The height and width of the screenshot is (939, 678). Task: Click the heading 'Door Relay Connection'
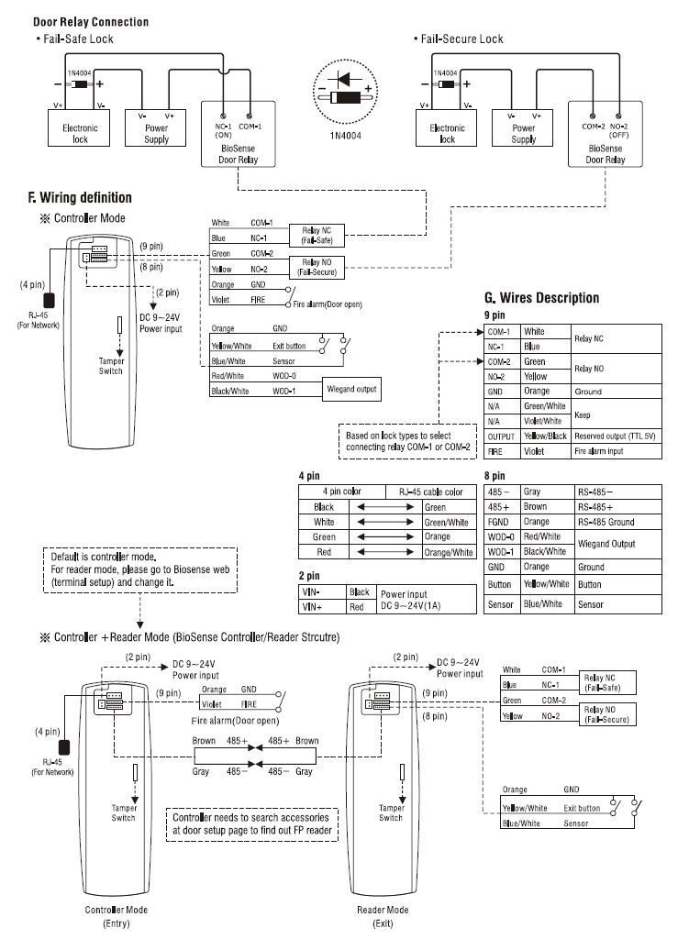tap(91, 21)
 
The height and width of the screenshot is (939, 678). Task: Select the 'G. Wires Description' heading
tap(541, 298)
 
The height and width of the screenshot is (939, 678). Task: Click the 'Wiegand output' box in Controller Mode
tap(351, 390)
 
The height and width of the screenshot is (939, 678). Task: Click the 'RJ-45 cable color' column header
tap(430, 492)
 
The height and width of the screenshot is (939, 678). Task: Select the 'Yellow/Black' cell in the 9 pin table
tap(544, 436)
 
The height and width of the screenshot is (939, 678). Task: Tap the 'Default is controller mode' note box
tap(139, 569)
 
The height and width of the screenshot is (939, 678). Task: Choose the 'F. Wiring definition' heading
tap(80, 197)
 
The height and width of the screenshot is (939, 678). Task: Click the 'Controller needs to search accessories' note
tap(254, 823)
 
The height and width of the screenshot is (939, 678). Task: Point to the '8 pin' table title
tap(494, 476)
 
